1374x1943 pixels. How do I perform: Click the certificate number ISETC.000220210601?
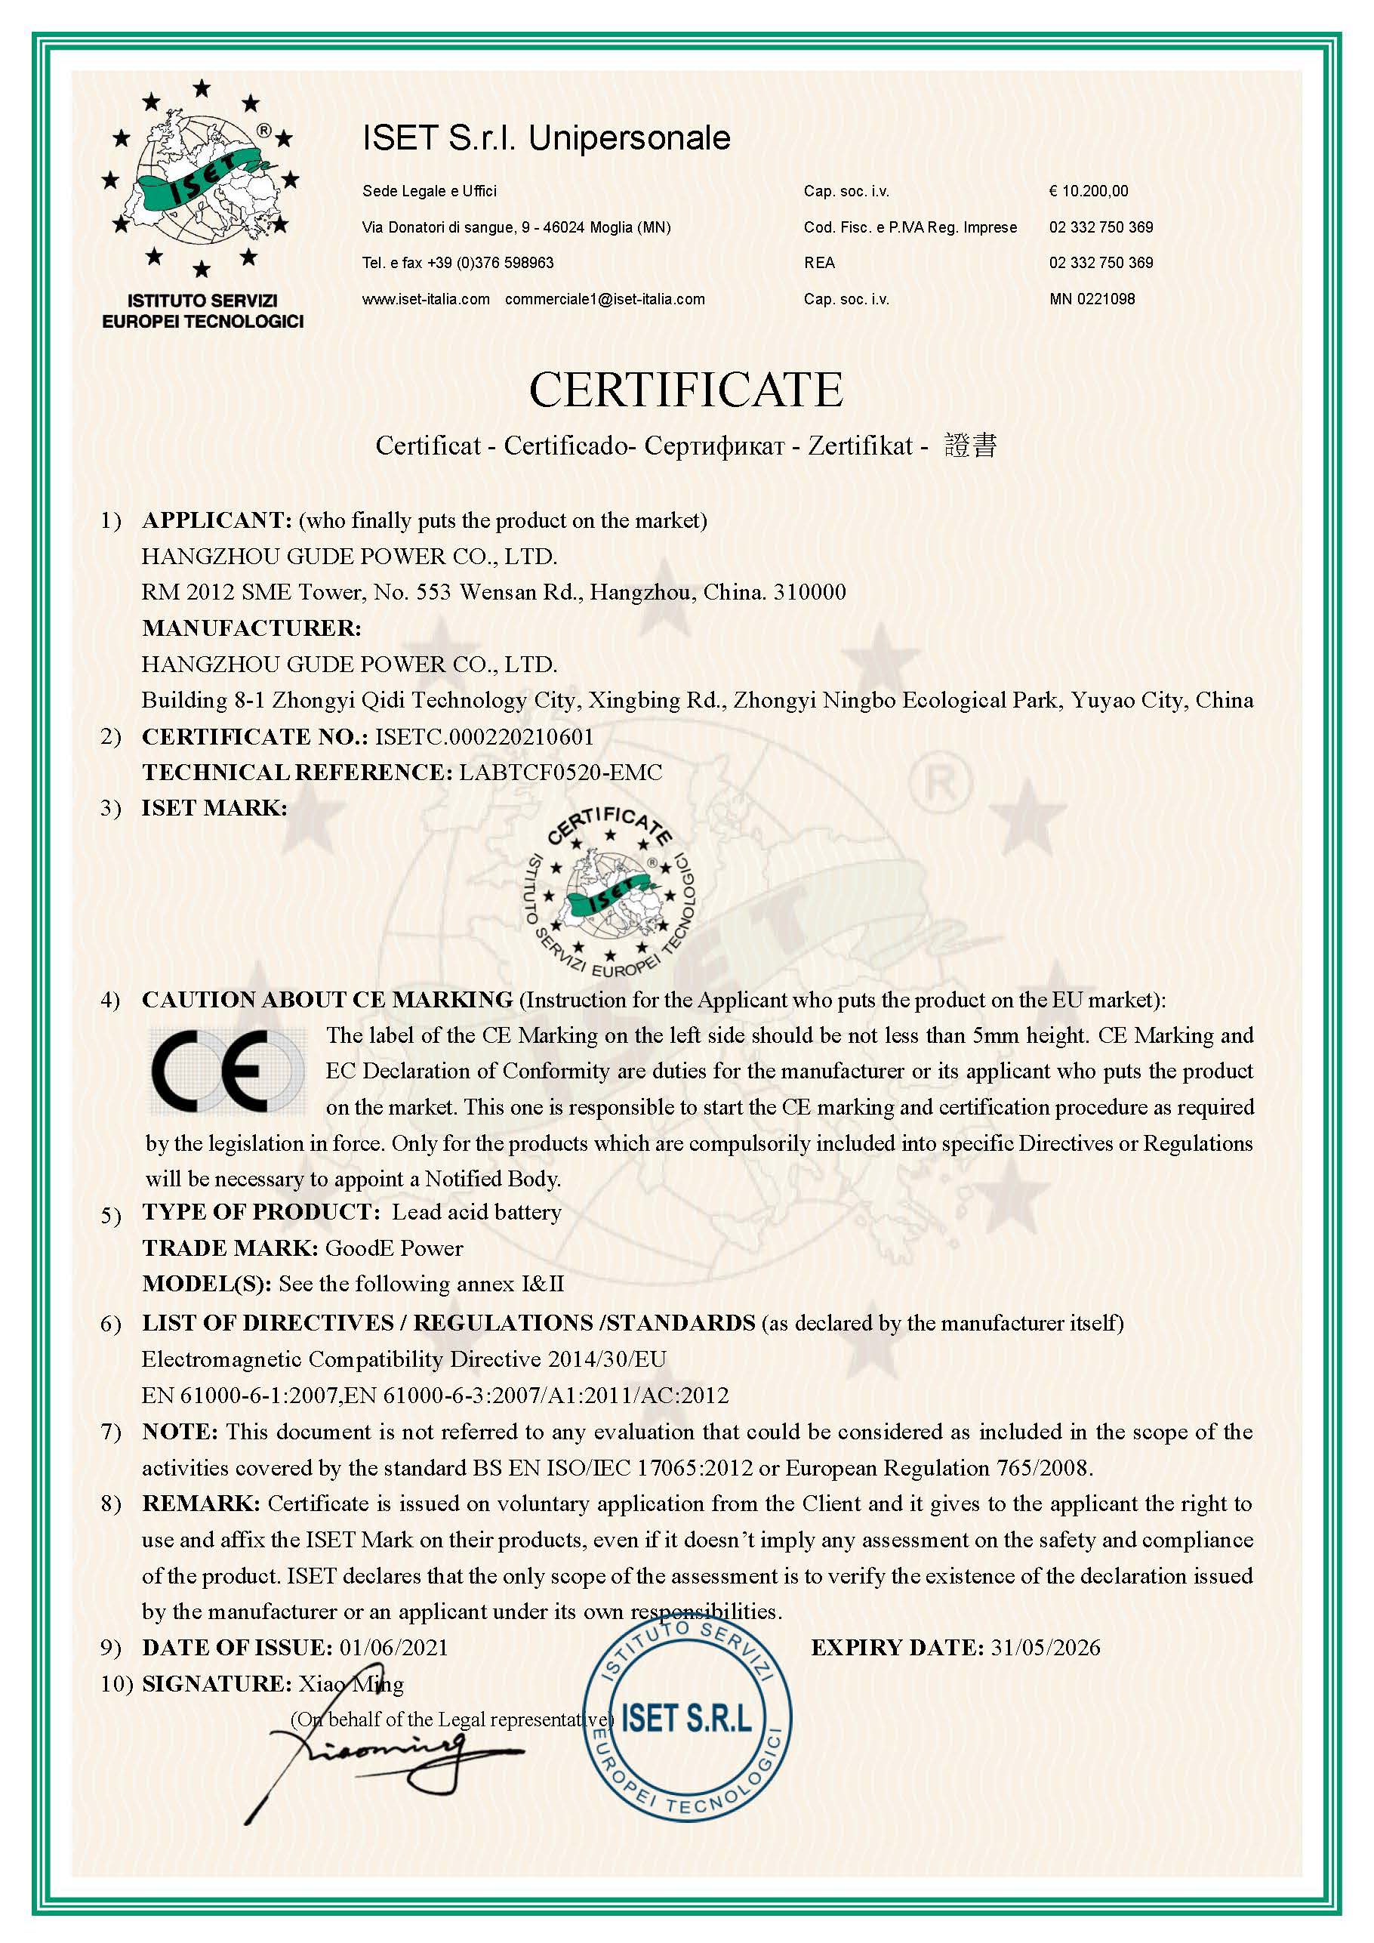coord(484,737)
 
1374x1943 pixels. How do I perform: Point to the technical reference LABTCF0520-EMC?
coord(560,773)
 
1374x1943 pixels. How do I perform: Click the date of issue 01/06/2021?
coord(393,1648)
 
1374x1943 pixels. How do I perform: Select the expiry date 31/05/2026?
coord(1046,1648)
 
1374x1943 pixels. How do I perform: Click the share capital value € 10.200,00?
coord(1088,191)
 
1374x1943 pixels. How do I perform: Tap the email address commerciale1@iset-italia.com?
coord(604,299)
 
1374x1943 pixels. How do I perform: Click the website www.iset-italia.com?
coord(426,299)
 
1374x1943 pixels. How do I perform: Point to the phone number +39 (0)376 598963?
coord(490,264)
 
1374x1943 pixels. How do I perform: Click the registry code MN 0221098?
coord(1092,299)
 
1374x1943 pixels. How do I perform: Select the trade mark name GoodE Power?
coord(394,1248)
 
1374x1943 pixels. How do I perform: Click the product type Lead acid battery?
coord(476,1212)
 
